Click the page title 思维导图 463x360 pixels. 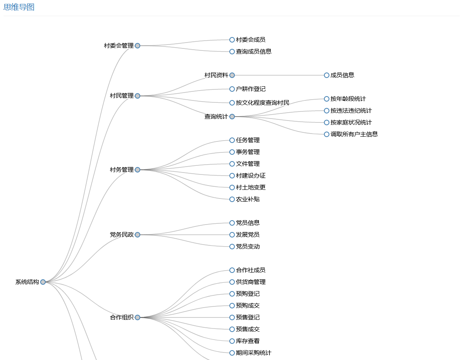[19, 7]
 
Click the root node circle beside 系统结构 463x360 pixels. [43, 282]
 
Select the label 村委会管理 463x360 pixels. [119, 46]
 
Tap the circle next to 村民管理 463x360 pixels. [138, 96]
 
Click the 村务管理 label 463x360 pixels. [122, 170]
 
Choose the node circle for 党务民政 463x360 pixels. [138, 235]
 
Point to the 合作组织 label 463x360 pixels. [122, 317]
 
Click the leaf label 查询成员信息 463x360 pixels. [253, 52]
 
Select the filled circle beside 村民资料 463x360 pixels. [232, 75]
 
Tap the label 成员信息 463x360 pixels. [342, 75]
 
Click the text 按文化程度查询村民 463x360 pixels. [262, 103]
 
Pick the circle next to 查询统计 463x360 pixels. [232, 117]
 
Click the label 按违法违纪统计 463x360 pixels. [351, 111]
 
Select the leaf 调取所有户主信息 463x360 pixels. [354, 134]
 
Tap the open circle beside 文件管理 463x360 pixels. [232, 164]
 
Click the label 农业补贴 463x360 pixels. [247, 199]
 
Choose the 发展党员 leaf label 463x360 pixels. [247, 235]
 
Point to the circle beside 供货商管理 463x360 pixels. [232, 282]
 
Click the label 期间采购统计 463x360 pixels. [253, 353]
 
